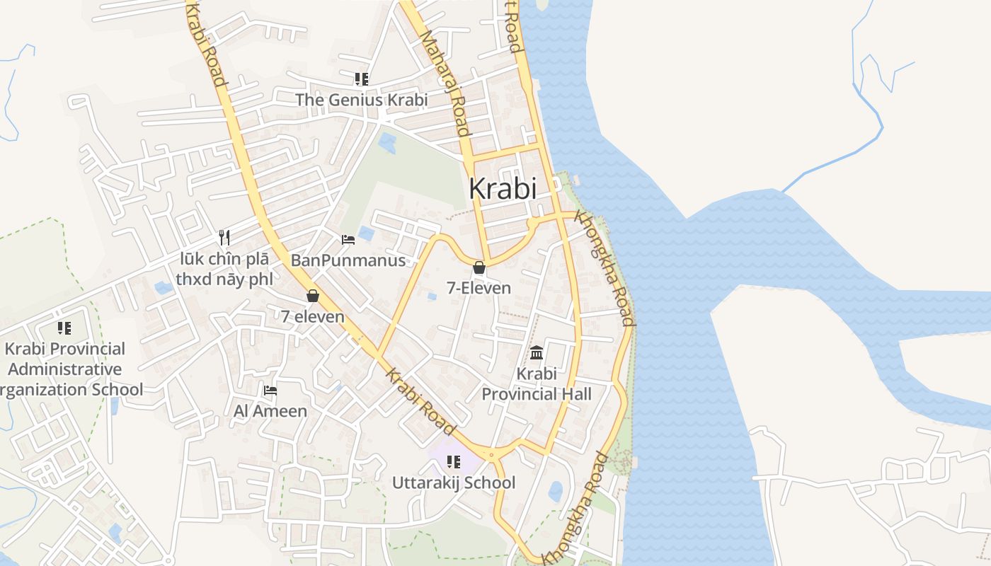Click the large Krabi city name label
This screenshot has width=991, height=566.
(x=503, y=189)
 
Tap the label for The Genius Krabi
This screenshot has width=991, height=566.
(x=361, y=100)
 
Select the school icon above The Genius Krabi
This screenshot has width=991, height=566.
(x=362, y=79)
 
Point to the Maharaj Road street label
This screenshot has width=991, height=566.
(x=445, y=83)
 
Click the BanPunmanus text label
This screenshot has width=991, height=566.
(x=348, y=260)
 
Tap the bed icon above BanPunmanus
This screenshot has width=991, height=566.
(x=348, y=239)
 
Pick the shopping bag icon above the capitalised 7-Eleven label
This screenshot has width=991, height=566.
(x=479, y=267)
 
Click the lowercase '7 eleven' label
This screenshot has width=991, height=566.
(x=313, y=317)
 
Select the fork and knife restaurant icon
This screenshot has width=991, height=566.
(x=224, y=237)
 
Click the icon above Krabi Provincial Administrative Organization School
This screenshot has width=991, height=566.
(x=64, y=328)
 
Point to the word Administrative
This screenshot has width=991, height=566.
(x=64, y=369)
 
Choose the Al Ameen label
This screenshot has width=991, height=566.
(x=270, y=411)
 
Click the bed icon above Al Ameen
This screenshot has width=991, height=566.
(x=270, y=390)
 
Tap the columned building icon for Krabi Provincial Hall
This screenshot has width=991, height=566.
(x=537, y=352)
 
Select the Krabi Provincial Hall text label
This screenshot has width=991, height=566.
(x=537, y=383)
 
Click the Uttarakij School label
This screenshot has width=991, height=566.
(x=454, y=483)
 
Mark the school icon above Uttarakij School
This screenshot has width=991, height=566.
(x=454, y=462)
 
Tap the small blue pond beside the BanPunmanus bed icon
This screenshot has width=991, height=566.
(x=367, y=233)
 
